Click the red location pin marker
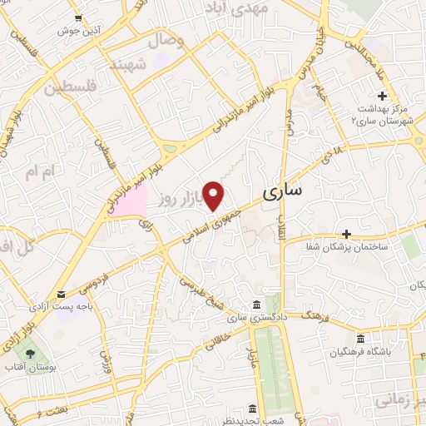click(x=215, y=195)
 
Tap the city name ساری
click(x=283, y=193)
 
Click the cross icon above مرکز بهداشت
click(x=381, y=97)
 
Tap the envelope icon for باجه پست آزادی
click(x=61, y=295)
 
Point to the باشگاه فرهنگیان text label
click(x=360, y=351)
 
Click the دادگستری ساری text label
click(x=255, y=318)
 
